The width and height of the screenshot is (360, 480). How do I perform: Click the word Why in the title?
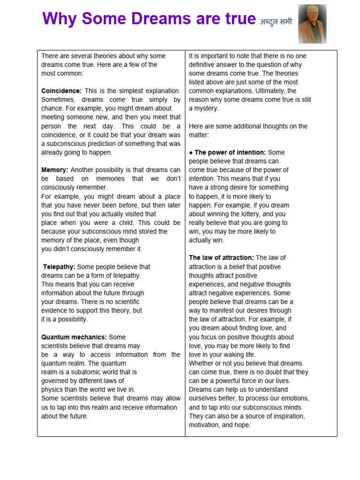tap(57, 19)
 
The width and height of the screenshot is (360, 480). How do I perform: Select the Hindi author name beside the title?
tap(276, 21)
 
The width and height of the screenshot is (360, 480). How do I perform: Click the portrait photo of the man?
tap(312, 24)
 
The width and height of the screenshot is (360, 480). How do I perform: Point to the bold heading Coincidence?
tap(61, 91)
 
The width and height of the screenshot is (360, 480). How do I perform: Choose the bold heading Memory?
tap(55, 170)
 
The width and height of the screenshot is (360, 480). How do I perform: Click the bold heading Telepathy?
tap(59, 267)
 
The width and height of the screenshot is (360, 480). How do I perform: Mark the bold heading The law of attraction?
tap(221, 258)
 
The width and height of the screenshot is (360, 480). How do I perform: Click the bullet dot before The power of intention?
tap(191, 153)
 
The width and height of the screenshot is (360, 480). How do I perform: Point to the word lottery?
tap(248, 214)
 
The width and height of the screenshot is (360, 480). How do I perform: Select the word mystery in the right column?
tap(207, 108)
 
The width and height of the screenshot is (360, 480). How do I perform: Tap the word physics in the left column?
tap(52, 390)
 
